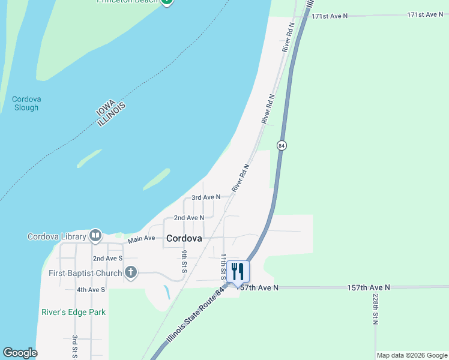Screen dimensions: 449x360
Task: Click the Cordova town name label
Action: point(184,238)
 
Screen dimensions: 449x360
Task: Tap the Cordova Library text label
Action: point(56,236)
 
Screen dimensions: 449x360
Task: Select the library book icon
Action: point(95,236)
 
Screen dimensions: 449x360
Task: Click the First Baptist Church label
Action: point(85,272)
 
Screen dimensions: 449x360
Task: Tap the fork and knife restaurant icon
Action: point(238,271)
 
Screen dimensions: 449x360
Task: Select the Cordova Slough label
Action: point(25,103)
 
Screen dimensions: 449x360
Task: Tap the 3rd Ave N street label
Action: point(206,197)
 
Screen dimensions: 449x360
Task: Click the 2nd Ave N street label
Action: point(188,218)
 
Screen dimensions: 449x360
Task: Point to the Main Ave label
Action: point(142,239)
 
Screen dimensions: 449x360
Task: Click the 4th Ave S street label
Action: point(91,289)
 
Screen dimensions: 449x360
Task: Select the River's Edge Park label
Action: point(73,312)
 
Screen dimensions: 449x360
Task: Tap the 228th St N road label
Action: point(375,310)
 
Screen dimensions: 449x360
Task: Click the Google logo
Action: point(20,353)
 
